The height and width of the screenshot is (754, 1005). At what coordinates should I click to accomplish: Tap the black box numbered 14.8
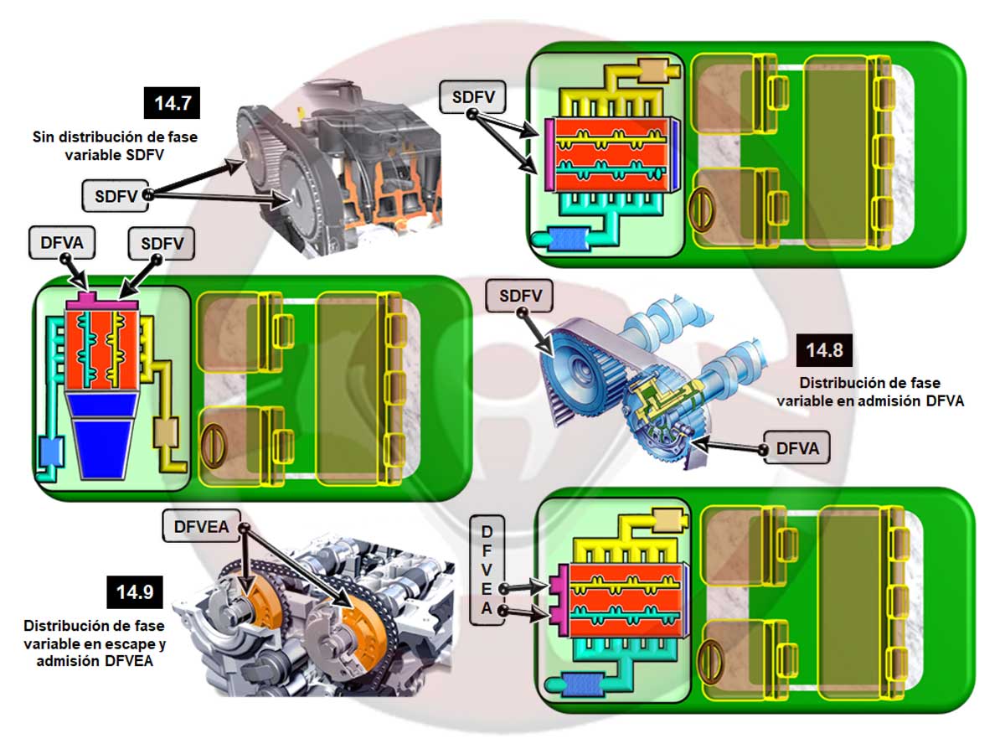824,350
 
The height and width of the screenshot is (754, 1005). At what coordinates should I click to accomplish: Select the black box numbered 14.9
134,592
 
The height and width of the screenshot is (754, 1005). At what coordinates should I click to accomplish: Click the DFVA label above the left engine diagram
61,245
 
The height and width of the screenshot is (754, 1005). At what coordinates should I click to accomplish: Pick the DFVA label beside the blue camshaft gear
796,450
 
